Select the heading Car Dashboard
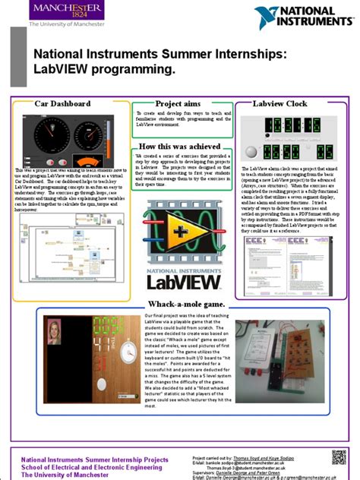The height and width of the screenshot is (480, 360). tap(62, 103)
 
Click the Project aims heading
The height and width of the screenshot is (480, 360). tap(179, 103)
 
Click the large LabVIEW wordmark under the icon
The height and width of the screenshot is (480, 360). tap(181, 282)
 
